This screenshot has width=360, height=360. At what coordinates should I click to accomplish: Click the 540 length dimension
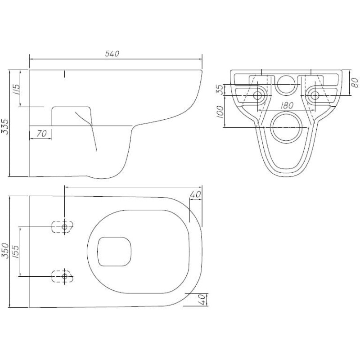click(112, 54)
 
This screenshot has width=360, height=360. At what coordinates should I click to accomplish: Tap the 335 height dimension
click(5, 126)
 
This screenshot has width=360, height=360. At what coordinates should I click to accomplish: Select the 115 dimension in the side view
click(16, 90)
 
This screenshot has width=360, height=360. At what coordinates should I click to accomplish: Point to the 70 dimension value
click(41, 133)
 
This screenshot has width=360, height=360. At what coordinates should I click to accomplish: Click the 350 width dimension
click(5, 251)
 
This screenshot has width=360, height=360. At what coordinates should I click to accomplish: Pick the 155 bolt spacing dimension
click(16, 252)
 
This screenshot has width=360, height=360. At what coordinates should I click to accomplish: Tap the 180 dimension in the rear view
click(287, 105)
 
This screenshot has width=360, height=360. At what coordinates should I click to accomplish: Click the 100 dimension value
click(220, 112)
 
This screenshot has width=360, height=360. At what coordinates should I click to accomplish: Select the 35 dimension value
click(220, 90)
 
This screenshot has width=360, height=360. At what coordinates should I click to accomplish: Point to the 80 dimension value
click(355, 83)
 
